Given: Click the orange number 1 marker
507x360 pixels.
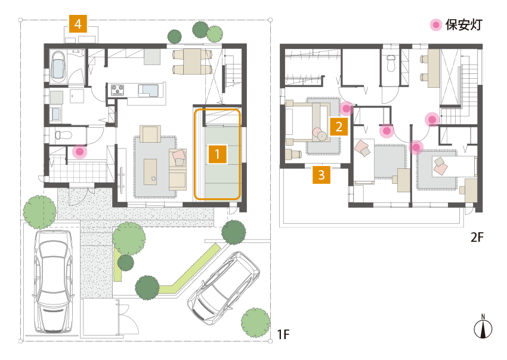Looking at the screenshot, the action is click(x=217, y=154).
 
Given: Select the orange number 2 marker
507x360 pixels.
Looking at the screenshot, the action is click(x=339, y=126).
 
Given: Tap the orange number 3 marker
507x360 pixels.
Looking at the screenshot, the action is click(x=321, y=175).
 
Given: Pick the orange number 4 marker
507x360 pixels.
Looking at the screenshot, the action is click(x=78, y=24).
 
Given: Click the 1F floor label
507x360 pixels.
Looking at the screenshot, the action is click(x=283, y=334).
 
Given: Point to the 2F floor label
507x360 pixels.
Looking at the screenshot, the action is click(x=477, y=237).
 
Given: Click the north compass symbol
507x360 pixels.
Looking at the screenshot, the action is click(x=483, y=327).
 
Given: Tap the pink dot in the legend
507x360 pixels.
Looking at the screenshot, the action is click(x=436, y=25).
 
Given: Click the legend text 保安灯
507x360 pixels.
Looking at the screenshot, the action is click(x=464, y=25).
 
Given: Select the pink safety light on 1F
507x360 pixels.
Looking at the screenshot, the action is click(x=79, y=152).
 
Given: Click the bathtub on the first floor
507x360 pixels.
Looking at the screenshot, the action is click(x=58, y=66).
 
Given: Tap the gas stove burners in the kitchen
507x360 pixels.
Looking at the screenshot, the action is click(x=118, y=90).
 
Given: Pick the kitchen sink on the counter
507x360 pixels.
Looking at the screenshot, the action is click(x=149, y=90).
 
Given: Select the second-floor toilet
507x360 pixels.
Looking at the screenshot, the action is click(x=391, y=63).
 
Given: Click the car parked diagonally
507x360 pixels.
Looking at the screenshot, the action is click(x=224, y=287).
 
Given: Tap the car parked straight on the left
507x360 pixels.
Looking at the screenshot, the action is click(x=52, y=281).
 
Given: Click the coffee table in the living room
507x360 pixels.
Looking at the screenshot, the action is click(x=150, y=172).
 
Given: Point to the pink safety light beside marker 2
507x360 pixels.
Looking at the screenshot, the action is click(x=347, y=109).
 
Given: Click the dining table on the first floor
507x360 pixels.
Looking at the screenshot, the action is click(x=191, y=61).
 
